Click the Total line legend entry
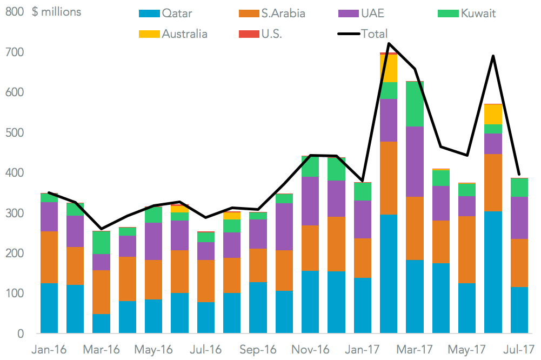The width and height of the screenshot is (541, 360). coord(362,34)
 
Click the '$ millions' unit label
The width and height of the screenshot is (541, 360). coord(57,12)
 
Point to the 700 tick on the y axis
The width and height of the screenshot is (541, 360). coord(15,52)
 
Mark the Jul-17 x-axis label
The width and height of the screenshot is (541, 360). coord(520,349)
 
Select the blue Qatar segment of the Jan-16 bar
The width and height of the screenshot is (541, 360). coord(49,308)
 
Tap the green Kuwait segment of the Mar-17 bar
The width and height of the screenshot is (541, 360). coord(415,104)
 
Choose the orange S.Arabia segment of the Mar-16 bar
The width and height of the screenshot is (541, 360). coord(102,292)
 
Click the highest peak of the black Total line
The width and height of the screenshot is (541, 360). coord(389,43)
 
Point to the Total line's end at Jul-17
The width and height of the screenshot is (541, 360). coord(519,175)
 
